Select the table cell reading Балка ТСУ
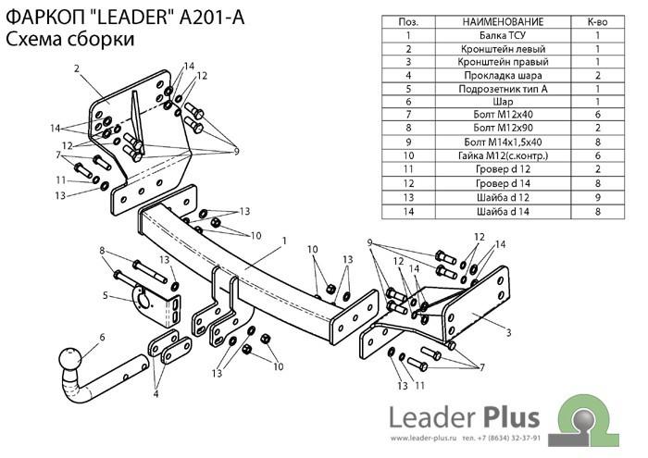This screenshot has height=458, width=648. (503, 35)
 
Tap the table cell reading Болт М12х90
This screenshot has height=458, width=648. (503, 128)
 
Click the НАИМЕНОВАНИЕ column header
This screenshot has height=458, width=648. (503, 22)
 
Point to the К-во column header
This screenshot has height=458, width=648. (598, 22)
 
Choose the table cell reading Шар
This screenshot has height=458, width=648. (503, 102)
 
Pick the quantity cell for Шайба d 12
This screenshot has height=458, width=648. (598, 197)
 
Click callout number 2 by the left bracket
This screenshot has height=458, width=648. (77, 68)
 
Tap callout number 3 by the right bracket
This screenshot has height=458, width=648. (508, 332)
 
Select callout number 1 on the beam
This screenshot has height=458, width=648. (284, 241)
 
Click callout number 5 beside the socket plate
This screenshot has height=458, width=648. (106, 296)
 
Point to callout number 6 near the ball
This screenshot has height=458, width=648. (102, 338)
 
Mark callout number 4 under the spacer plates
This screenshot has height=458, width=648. (156, 394)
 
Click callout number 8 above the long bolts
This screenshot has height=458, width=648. (102, 250)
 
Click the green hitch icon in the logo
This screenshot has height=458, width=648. (590, 420)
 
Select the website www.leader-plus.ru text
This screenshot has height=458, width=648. (423, 438)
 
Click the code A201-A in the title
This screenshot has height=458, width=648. (212, 18)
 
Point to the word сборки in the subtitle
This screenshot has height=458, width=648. (100, 39)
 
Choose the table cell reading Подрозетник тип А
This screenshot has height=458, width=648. (503, 89)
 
